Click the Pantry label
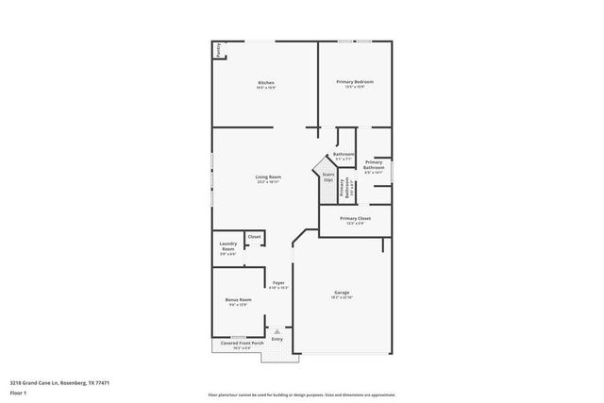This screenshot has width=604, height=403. (218, 51)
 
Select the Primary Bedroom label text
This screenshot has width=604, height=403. (355, 82)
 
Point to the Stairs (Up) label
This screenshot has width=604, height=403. (328, 176)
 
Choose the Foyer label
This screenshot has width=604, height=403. (279, 283)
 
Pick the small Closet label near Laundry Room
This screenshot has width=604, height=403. (255, 237)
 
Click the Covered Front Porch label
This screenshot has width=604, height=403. (237, 344)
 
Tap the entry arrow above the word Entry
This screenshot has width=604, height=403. (277, 330)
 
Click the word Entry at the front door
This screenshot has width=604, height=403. (277, 339)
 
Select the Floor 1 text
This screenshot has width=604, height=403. (17, 392)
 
